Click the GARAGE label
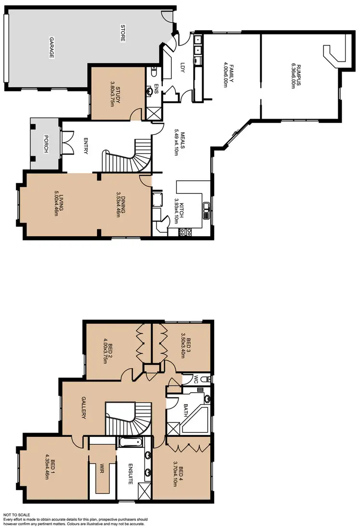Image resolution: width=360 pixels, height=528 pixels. (x=51, y=48)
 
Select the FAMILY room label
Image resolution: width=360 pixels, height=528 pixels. (x=231, y=73)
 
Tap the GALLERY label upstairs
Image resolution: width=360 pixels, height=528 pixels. (x=84, y=408)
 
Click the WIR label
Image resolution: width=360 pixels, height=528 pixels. (x=101, y=468)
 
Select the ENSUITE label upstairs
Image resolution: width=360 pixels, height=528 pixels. (x=130, y=472)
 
